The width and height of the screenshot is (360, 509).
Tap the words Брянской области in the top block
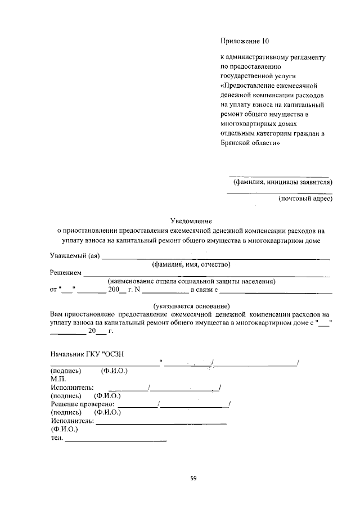tap(250, 143)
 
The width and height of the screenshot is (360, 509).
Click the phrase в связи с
tap(203, 289)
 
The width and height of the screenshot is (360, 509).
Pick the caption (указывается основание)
tap(191, 305)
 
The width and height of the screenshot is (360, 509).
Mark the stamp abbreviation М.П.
tap(58, 379)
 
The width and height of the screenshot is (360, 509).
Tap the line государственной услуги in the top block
tap(258, 75)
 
